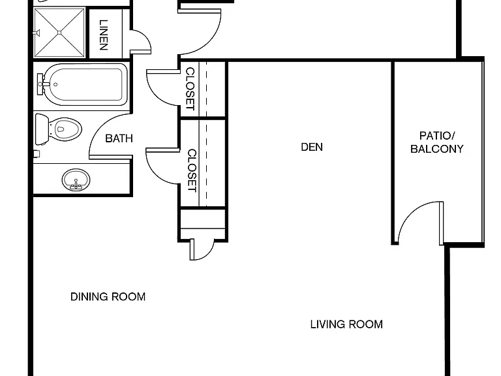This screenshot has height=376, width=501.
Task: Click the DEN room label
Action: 312,147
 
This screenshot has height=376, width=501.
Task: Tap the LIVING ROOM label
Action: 346,324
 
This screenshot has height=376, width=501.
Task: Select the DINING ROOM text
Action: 108,297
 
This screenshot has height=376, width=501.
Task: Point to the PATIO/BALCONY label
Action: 437,142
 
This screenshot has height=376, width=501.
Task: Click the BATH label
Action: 119,138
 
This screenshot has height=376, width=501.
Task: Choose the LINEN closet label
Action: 104,35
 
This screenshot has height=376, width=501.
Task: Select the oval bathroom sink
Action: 76,180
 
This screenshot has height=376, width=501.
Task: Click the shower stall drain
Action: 59,33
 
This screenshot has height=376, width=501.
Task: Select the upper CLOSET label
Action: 190,89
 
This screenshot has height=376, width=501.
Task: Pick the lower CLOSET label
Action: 191,170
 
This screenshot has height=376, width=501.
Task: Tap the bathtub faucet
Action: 42,84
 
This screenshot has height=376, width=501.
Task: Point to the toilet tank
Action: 42,129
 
